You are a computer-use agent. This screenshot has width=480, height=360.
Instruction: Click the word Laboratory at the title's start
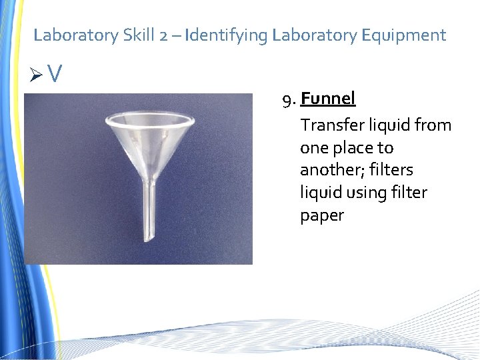(x=76, y=35)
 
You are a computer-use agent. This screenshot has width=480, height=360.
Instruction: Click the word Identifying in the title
(x=227, y=35)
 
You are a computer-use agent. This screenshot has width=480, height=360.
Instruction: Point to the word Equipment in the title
(x=404, y=35)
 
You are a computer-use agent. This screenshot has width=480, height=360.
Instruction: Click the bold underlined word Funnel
(x=328, y=99)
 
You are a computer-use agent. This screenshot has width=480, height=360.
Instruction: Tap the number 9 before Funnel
(x=287, y=100)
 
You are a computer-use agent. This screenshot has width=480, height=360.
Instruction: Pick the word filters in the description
(x=390, y=170)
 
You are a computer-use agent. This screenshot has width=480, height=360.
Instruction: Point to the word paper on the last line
(x=322, y=216)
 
